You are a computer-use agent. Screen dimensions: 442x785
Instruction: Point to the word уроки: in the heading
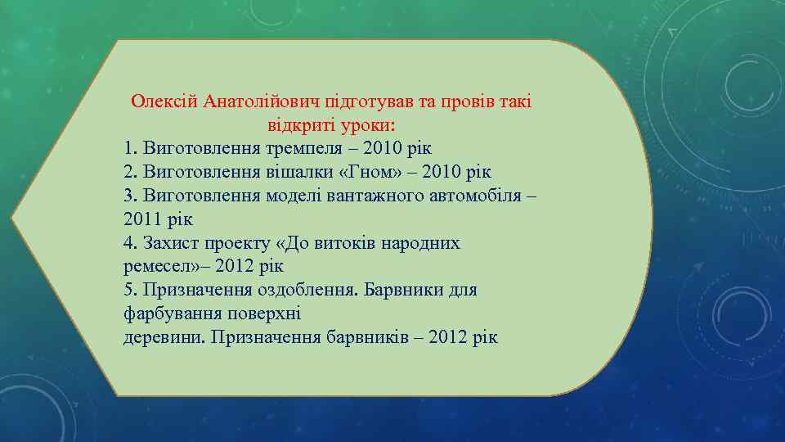366,126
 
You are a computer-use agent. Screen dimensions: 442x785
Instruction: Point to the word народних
413,244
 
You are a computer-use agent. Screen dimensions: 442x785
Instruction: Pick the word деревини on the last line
163,338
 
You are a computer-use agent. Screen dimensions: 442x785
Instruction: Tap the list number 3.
129,196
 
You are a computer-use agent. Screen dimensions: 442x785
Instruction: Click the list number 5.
129,291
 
